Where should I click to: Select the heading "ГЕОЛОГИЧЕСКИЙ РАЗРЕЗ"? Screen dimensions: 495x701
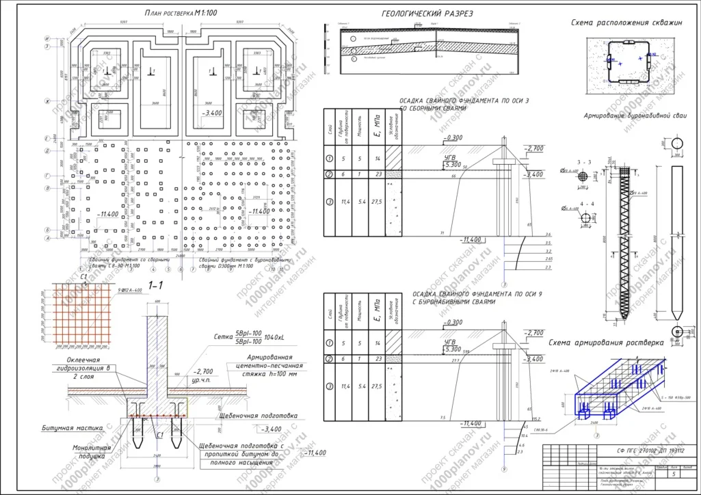(427, 14)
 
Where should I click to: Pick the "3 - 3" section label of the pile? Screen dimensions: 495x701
(584, 162)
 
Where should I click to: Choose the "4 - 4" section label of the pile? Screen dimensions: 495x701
(585, 203)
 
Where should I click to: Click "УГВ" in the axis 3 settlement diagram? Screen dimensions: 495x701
(449, 158)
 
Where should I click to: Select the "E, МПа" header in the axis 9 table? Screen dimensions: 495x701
(376, 311)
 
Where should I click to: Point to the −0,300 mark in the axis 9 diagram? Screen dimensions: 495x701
(452, 322)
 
